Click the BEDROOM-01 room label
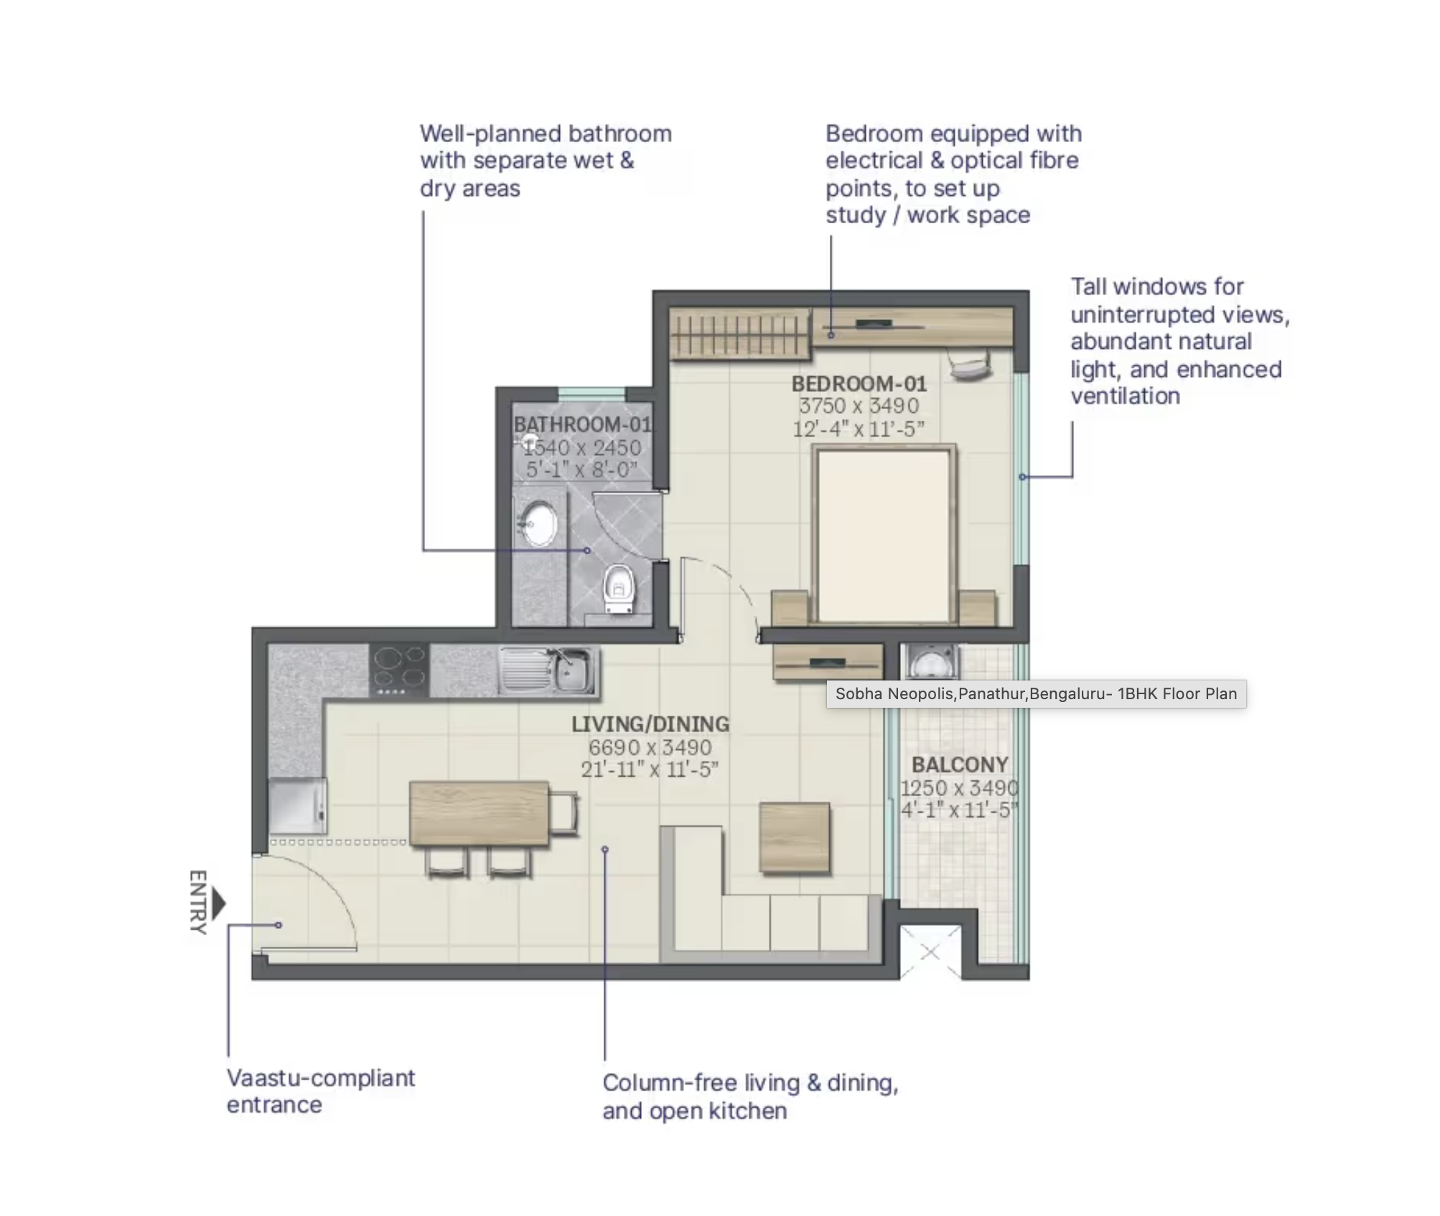(859, 384)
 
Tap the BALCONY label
(959, 764)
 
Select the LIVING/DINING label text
(650, 724)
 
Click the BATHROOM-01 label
(581, 425)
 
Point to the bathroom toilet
(619, 589)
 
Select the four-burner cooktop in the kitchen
(399, 670)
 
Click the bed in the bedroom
(883, 535)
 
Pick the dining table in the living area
(479, 813)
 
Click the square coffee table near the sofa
(795, 838)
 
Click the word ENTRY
(198, 903)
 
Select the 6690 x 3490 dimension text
(650, 747)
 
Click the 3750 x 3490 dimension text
(859, 406)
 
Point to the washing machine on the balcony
(931, 663)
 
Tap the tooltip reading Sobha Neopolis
(1035, 694)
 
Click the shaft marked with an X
(930, 953)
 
